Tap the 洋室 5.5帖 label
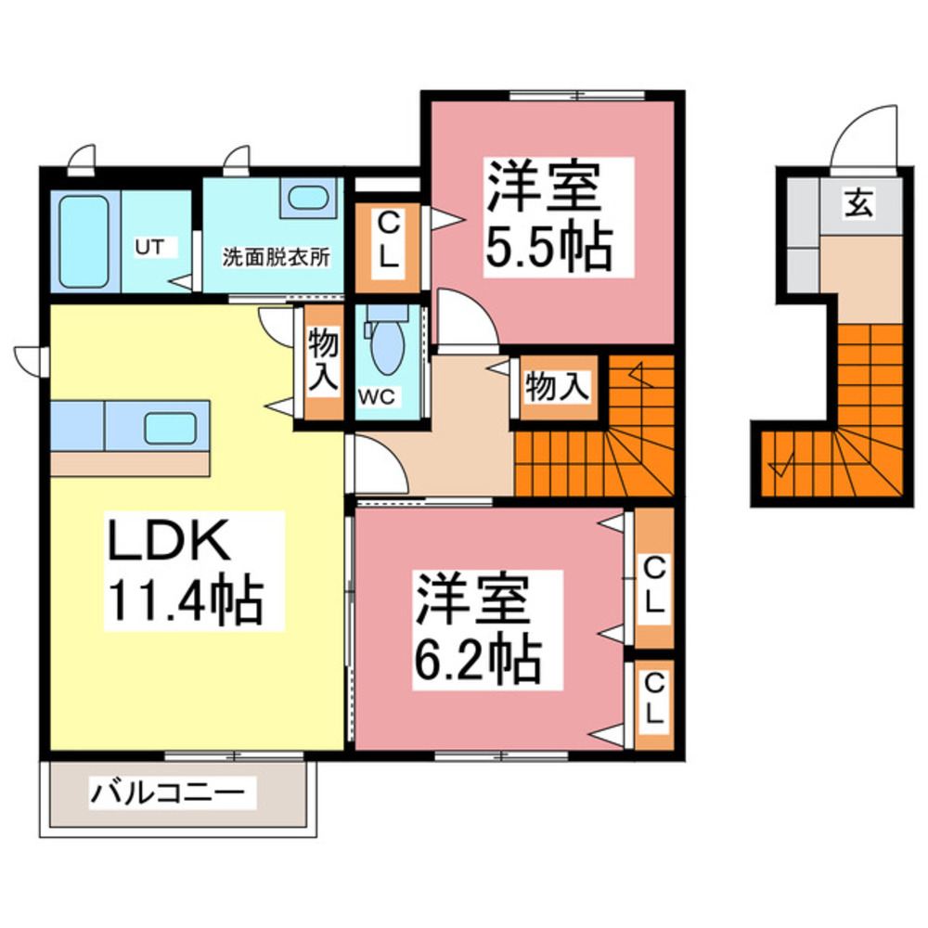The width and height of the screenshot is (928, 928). (x=548, y=215)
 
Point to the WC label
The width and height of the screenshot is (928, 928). (x=378, y=396)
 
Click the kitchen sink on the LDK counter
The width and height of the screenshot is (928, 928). (x=169, y=428)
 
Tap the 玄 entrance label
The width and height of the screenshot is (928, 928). (x=859, y=206)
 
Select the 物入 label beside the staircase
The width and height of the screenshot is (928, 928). (x=557, y=387)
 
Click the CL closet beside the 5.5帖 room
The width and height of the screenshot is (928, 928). (x=388, y=240)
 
